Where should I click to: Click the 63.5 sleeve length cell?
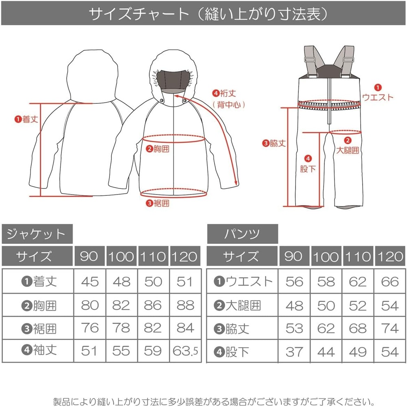185,351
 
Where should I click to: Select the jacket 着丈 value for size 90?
90,282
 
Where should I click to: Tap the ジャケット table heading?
36,234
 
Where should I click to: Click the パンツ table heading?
242,234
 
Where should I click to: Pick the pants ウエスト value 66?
390,282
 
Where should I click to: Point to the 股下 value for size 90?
294,352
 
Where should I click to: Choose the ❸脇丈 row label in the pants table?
232,329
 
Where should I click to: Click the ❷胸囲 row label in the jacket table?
39,306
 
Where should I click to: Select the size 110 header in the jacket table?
153,256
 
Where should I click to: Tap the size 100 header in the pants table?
326,256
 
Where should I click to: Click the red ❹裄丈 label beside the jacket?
224,93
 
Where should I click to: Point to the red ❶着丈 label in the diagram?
26,119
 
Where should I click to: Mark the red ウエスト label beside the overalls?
378,97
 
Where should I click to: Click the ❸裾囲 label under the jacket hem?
158,203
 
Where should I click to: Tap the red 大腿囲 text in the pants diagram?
348,150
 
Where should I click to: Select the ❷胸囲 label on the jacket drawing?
158,149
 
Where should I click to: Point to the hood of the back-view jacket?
92,76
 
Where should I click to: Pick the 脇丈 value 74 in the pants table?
390,328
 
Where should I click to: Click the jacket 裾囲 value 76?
90,328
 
